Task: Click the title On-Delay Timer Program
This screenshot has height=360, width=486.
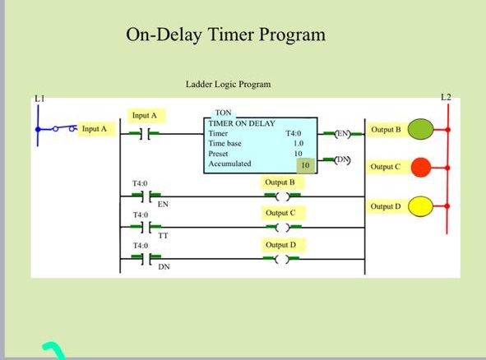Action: tap(225, 35)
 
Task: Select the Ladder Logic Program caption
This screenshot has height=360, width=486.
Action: tap(228, 85)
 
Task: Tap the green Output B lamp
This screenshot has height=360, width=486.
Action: tap(420, 129)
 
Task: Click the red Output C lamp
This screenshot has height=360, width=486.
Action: tap(420, 167)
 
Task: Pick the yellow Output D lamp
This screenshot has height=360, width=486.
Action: tap(420, 205)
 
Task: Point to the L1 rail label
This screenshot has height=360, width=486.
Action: tap(38, 99)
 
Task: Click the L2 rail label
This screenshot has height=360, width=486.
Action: tap(446, 98)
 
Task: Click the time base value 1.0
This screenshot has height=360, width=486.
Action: tap(298, 143)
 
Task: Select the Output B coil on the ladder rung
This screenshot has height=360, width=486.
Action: tap(282, 196)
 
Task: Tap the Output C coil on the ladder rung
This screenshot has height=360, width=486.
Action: tap(282, 228)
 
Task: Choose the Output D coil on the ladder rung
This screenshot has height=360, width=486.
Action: tap(282, 260)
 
